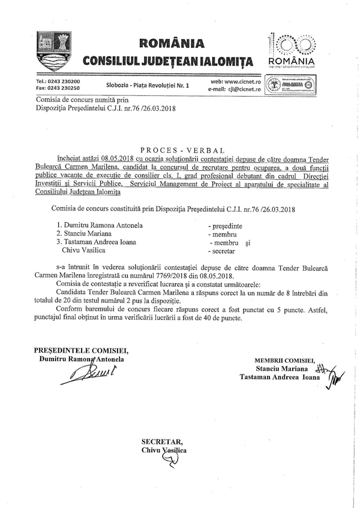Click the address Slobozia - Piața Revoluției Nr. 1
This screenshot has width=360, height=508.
(x=146, y=86)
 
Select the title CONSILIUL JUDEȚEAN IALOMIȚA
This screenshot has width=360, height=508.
(x=167, y=61)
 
